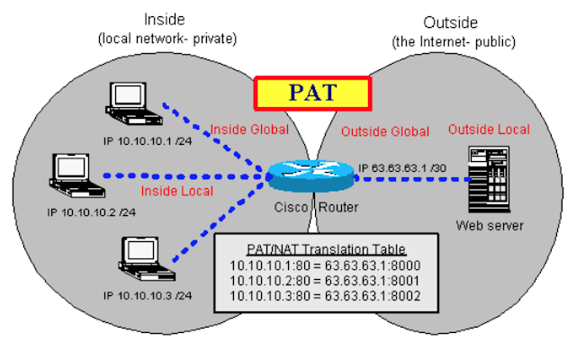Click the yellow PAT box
(312, 94)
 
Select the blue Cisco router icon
(311, 175)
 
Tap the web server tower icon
(489, 179)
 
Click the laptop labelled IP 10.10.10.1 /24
(133, 103)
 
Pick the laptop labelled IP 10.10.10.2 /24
(76, 175)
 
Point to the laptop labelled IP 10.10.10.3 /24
(147, 258)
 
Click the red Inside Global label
(249, 130)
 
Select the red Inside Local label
(177, 191)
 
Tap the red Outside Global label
(385, 131)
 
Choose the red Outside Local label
(489, 130)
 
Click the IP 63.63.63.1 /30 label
(402, 168)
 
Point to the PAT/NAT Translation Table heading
(326, 249)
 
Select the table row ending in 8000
(325, 265)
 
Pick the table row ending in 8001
(324, 281)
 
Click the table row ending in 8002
(325, 296)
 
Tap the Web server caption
(490, 226)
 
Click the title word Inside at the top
(164, 20)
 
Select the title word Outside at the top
(450, 22)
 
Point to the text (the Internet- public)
(454, 42)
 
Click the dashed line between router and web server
(413, 179)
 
